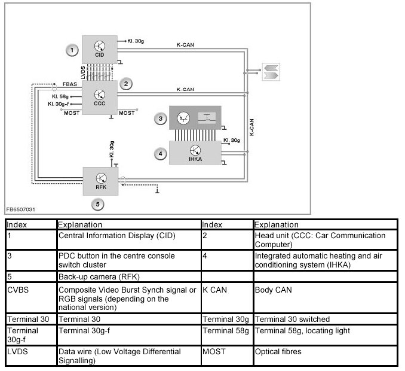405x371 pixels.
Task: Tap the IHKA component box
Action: [195, 152]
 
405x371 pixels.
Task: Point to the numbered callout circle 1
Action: [72, 50]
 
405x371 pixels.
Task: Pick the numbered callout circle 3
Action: [160, 118]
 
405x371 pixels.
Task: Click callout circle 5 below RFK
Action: [99, 205]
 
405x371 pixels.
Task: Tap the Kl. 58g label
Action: [61, 96]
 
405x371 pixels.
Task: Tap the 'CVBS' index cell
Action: [18, 290]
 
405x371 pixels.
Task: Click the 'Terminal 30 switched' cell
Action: [292, 320]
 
